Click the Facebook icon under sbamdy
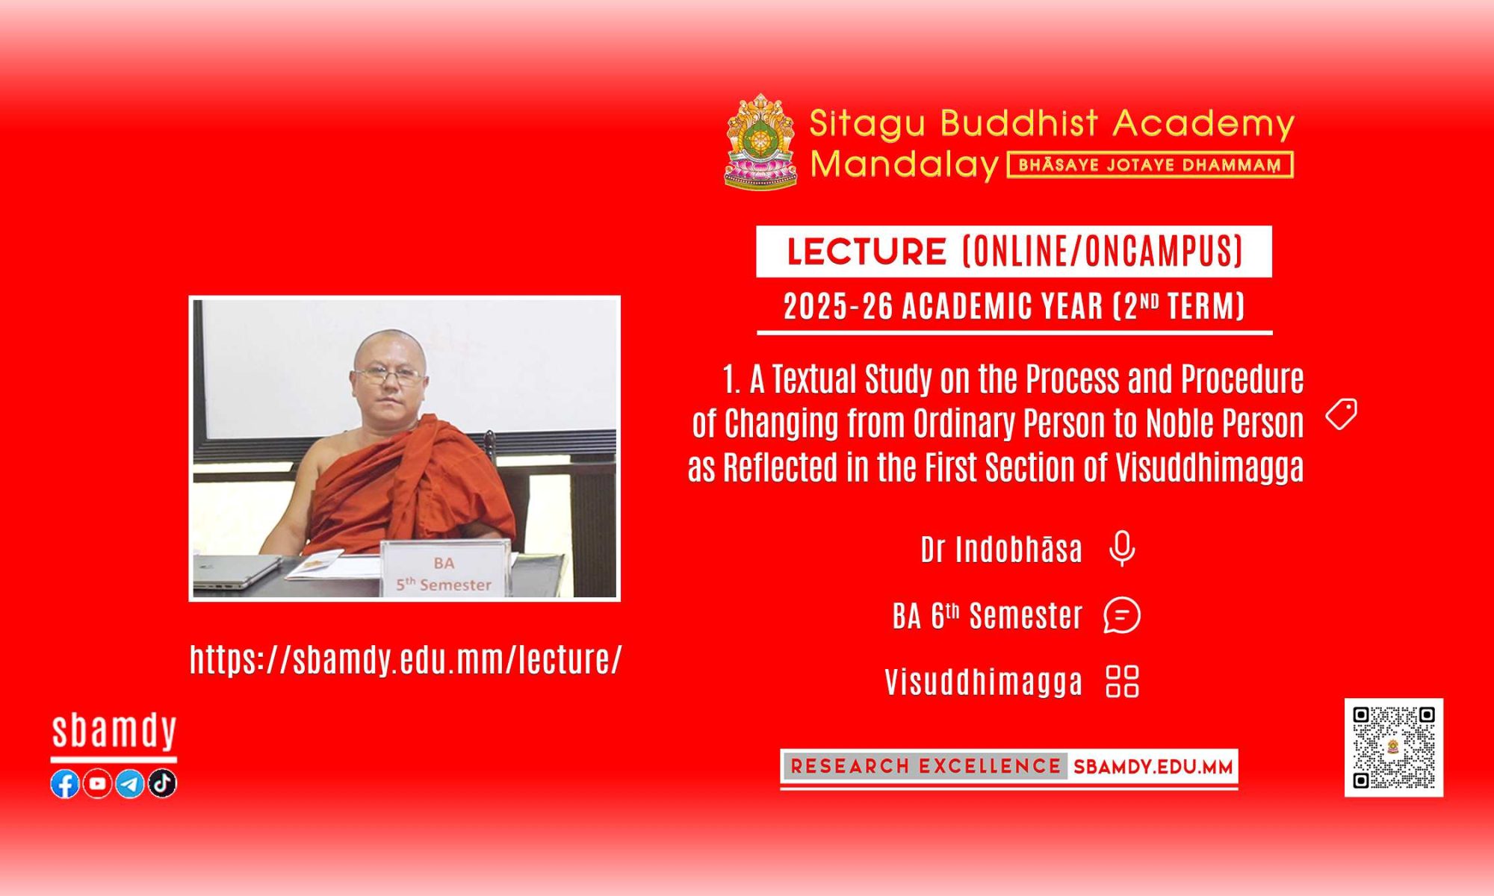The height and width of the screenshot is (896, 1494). point(65,783)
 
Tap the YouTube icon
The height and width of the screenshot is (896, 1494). point(97,783)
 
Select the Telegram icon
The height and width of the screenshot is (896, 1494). point(130,783)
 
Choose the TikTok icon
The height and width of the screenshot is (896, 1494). point(162,783)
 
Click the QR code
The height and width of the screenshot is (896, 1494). point(1394,747)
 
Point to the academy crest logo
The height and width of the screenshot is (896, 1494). point(760,141)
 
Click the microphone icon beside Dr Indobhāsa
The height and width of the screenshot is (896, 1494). point(1122,549)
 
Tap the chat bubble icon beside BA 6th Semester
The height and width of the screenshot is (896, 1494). point(1122,616)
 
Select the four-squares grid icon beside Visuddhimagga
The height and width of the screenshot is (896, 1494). point(1122,681)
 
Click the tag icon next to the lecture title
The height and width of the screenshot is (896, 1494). point(1342,414)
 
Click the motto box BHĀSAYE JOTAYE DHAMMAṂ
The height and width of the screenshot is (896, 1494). point(1150,165)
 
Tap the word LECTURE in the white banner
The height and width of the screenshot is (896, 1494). point(867,252)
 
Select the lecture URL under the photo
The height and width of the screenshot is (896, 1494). point(406,659)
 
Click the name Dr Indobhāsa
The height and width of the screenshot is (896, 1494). point(1001,550)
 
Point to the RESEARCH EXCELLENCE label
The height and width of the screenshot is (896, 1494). point(926,766)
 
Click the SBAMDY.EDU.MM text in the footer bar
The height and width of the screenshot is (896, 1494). point(1153,767)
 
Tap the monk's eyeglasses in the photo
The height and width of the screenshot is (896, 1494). point(388,376)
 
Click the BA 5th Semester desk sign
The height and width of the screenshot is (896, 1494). point(446,569)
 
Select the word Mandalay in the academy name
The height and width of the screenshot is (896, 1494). point(905,164)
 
